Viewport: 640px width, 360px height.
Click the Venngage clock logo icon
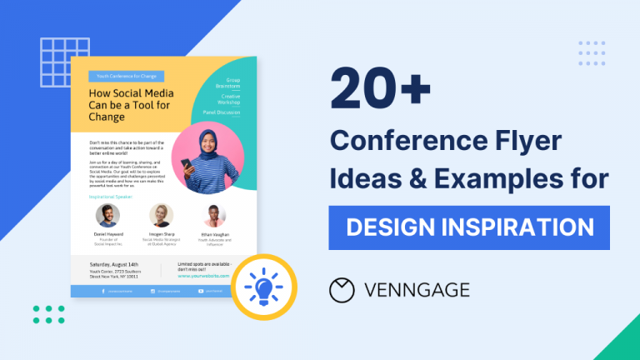(x=342, y=290)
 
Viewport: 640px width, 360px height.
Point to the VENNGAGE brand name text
(x=417, y=290)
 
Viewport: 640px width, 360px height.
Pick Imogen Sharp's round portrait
(x=161, y=216)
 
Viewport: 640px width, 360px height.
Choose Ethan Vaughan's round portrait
(x=214, y=216)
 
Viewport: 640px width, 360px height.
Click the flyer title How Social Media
(x=128, y=94)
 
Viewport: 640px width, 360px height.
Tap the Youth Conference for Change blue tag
(x=127, y=76)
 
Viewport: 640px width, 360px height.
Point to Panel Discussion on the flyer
(x=222, y=111)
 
